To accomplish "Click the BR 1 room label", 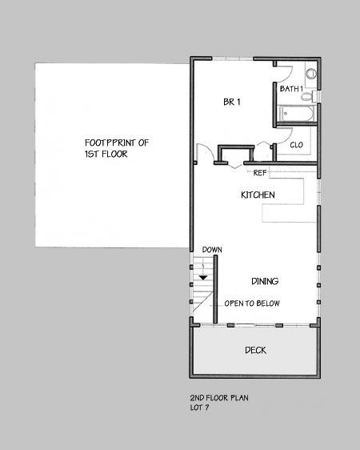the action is pos(232,102).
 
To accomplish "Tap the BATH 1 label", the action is pos(291,89).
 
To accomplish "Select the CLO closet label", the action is pos(296,145).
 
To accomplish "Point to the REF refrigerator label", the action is pos(260,173).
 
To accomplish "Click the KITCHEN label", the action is pos(258,195).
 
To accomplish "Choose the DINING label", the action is pos(265,281).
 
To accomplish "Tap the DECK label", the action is pos(255,350).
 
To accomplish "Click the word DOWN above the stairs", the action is pos(212,250).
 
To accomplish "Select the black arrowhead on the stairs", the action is pos(203,278).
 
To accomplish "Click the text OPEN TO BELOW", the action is pos(252,303).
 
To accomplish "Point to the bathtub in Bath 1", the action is pos(297,114).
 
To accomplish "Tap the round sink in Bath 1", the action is pos(310,74).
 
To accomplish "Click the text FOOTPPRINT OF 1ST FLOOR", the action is pos(117,148).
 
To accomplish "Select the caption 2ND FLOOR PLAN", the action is pos(219,398).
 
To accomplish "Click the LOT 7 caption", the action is pos(199,408).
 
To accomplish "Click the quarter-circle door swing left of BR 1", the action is pos(207,148).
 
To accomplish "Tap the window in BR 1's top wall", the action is pos(233,59).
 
